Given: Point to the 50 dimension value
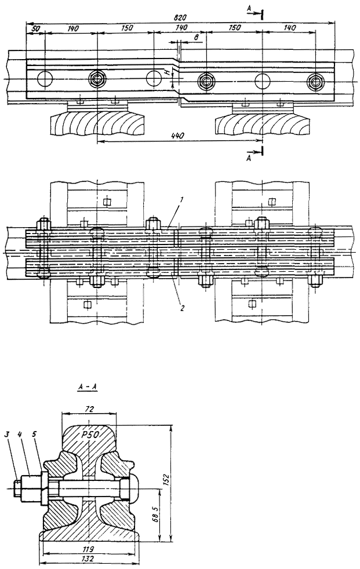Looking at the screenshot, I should click(35, 28).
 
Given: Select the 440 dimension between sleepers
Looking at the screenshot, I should click(179, 135).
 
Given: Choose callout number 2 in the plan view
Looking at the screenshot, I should click(182, 308).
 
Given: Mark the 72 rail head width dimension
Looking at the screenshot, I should click(89, 410).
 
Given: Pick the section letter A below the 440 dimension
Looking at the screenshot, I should click(249, 156).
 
